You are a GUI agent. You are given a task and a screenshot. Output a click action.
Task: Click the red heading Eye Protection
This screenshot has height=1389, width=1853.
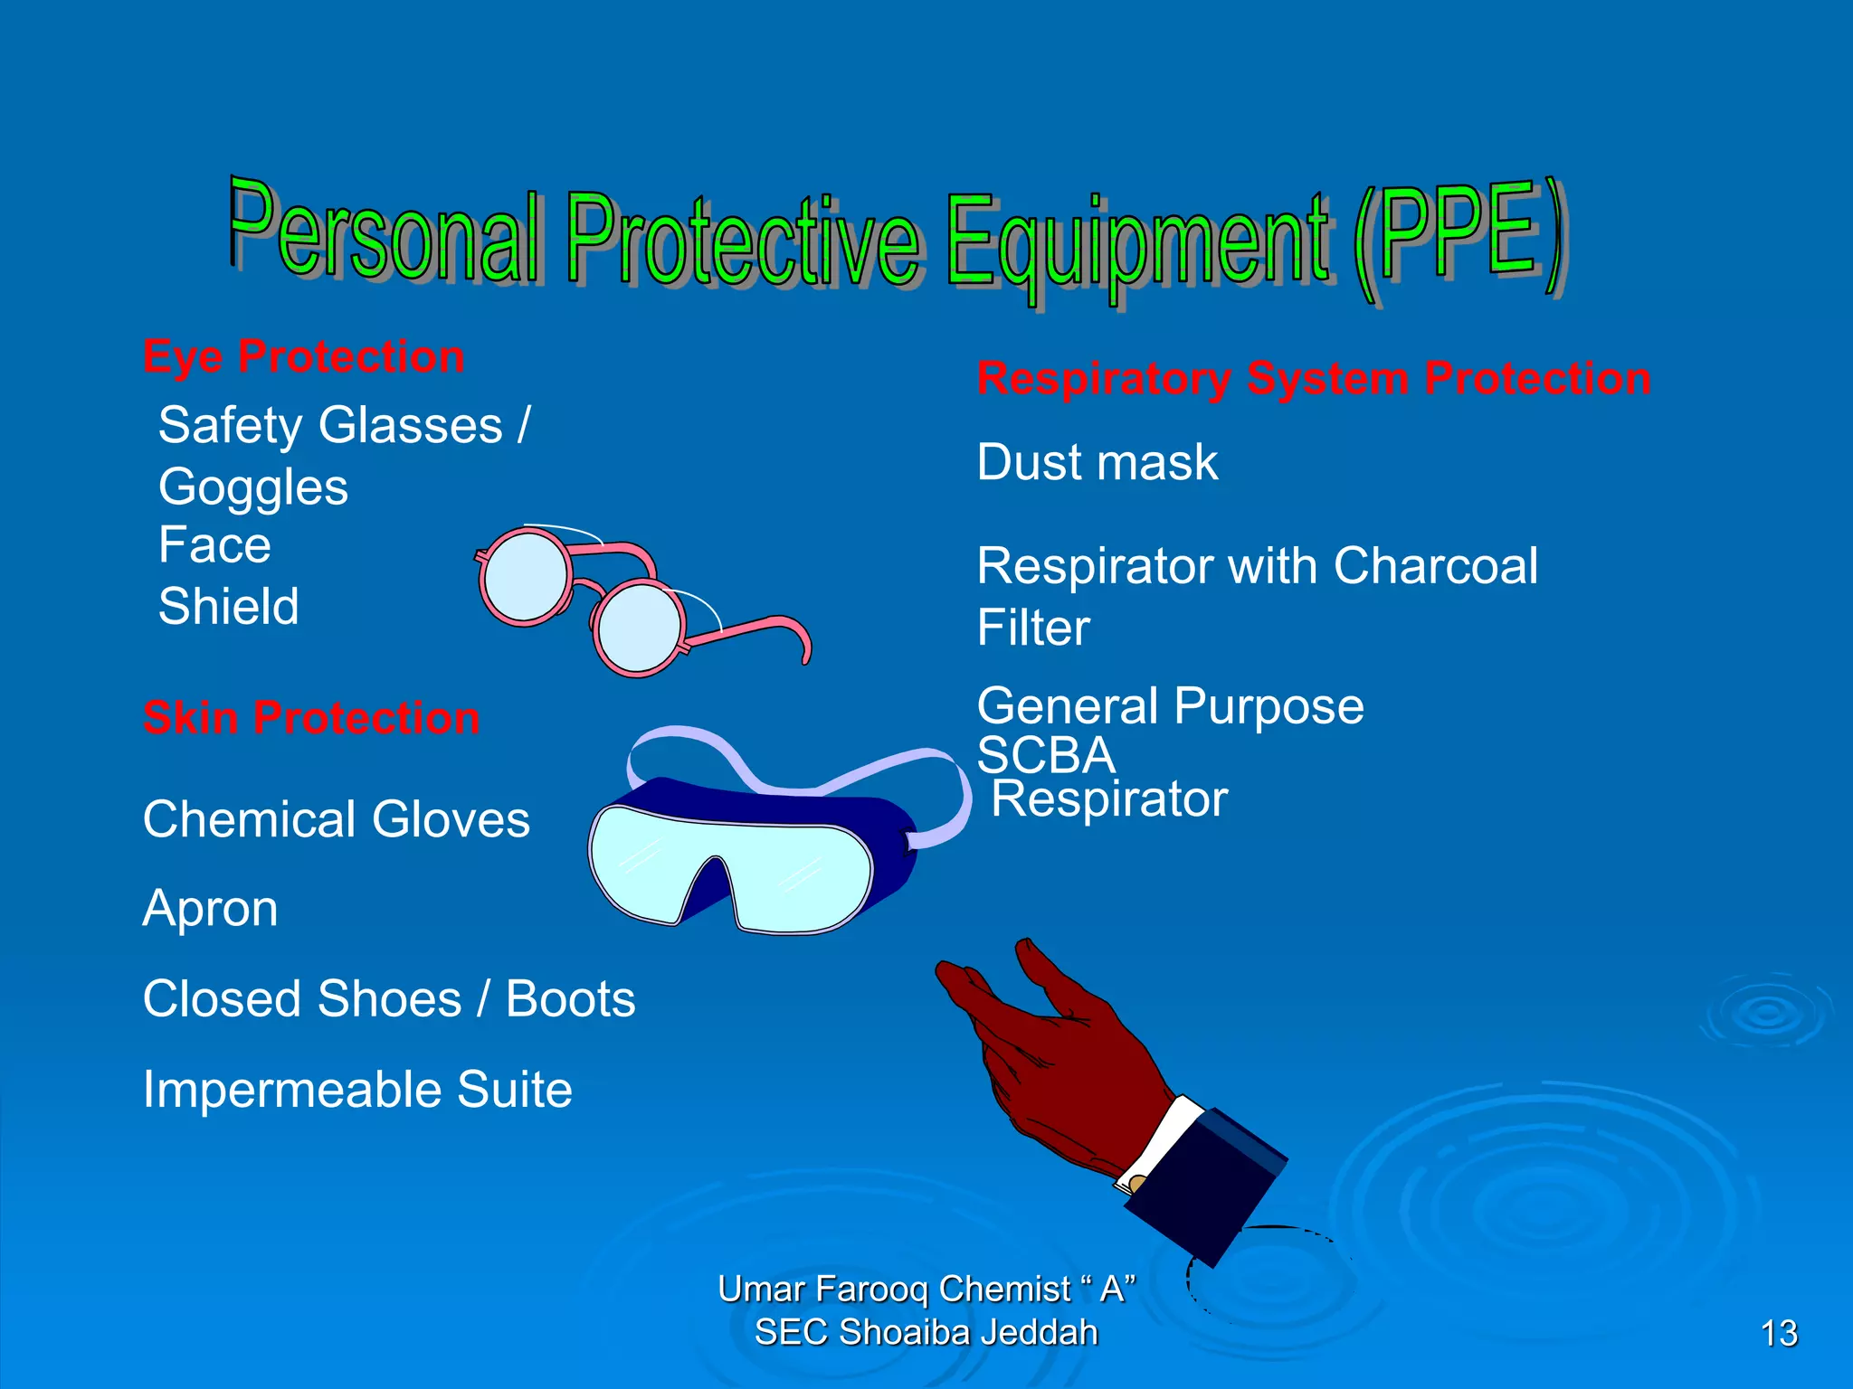coord(304,357)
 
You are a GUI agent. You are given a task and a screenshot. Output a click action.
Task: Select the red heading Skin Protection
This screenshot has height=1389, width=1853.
coord(311,718)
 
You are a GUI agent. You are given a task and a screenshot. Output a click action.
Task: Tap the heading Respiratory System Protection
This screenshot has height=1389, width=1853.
coord(1314,378)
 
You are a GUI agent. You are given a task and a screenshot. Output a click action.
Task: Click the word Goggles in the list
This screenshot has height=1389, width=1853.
coord(253,487)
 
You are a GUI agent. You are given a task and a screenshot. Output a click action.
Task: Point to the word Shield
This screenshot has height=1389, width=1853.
coord(229,606)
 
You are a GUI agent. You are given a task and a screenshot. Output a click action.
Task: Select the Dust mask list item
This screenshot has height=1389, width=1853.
coord(1098,462)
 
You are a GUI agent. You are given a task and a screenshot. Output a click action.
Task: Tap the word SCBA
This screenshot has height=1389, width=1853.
coord(1046,754)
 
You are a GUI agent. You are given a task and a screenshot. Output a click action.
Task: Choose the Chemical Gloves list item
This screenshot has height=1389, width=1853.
coord(337,819)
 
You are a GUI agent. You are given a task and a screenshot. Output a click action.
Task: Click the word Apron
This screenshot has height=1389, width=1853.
coord(211,908)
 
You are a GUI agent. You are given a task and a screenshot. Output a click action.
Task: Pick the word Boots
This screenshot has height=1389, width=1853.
coord(570,999)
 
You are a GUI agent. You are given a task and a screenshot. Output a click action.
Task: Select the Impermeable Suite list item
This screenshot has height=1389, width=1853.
coord(357,1089)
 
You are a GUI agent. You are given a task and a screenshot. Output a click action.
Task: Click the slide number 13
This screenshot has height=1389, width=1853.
coord(1779,1333)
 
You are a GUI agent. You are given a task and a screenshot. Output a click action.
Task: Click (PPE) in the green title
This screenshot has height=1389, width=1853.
coord(1459,240)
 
